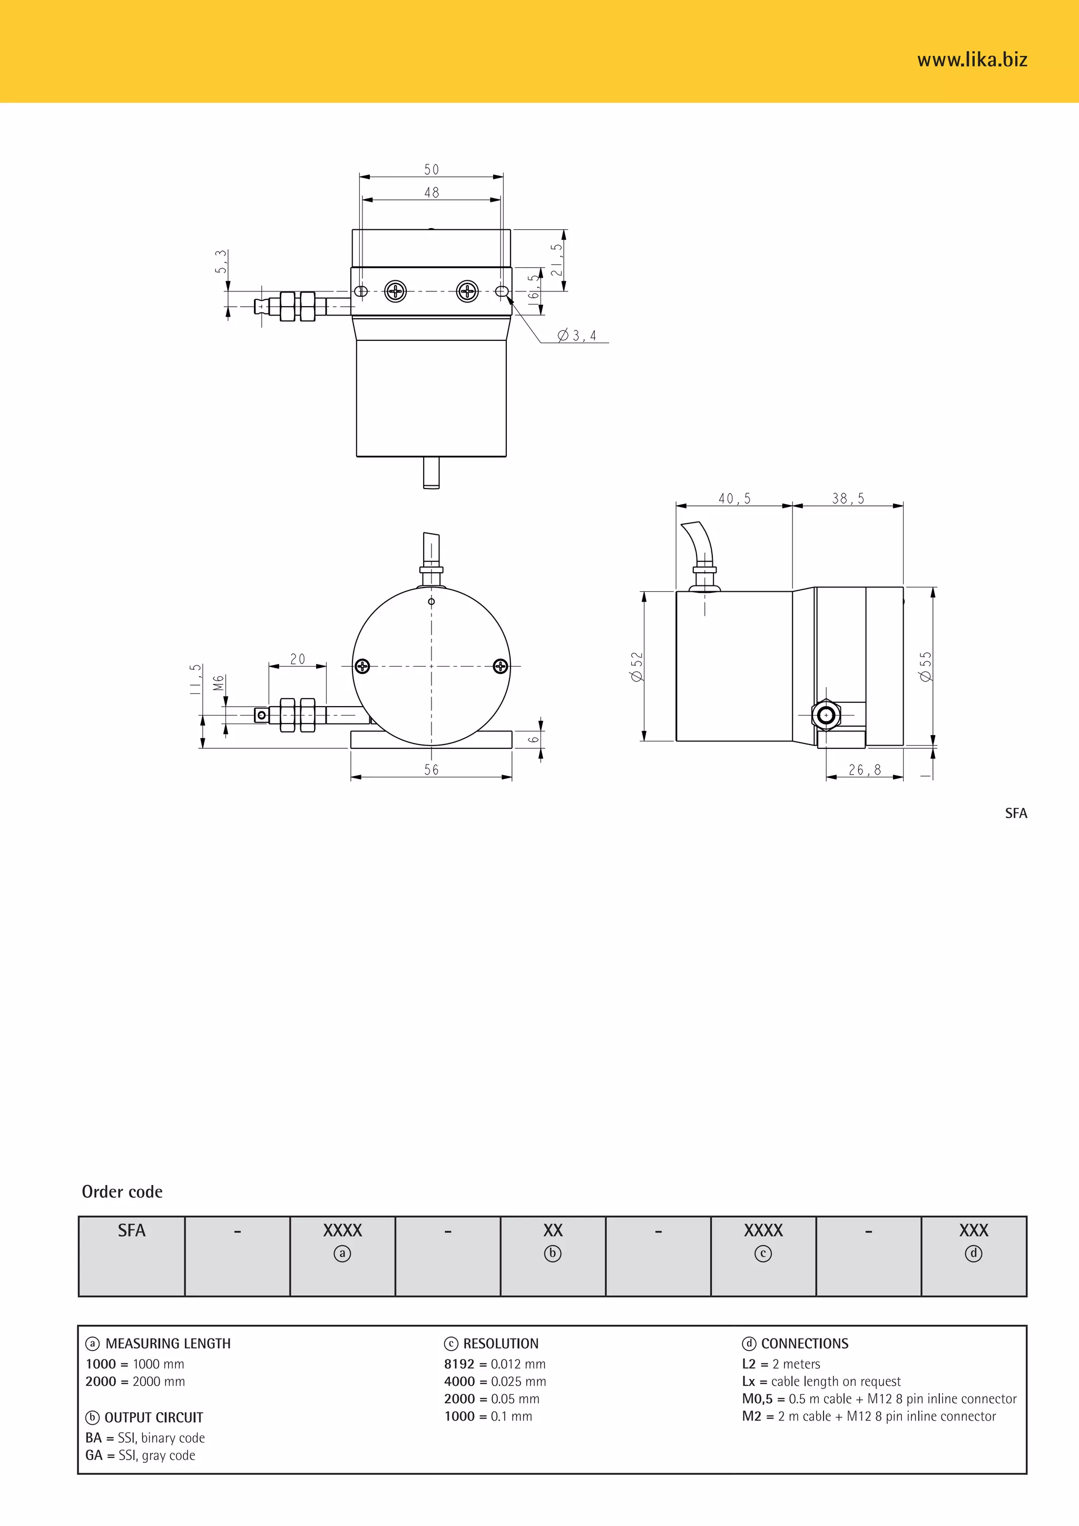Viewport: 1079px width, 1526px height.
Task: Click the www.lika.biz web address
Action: point(972,60)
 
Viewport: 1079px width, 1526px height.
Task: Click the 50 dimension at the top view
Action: point(431,170)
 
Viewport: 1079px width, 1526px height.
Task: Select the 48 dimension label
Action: point(431,192)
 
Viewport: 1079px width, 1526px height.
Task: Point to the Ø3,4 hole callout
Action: point(577,336)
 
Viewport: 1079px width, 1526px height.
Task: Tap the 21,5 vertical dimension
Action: point(556,259)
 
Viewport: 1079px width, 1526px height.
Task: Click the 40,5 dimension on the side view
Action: point(734,498)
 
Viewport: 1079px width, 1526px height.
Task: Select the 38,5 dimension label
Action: point(848,498)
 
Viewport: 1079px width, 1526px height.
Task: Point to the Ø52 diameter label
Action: point(637,666)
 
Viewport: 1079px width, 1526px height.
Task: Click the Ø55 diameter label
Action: point(926,666)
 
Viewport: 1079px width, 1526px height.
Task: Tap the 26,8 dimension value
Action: point(865,770)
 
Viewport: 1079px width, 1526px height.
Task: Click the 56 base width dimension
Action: point(431,770)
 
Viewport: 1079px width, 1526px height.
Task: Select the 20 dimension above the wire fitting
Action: point(298,659)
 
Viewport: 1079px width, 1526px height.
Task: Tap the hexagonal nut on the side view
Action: point(826,715)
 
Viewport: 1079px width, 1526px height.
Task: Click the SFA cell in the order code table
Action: point(132,1230)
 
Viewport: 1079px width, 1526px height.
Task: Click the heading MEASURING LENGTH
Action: point(168,1343)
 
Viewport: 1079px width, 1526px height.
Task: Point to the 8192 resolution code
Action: point(459,1364)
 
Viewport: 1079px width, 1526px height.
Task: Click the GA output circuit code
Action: point(94,1455)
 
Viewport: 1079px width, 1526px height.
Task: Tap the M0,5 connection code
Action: point(758,1398)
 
